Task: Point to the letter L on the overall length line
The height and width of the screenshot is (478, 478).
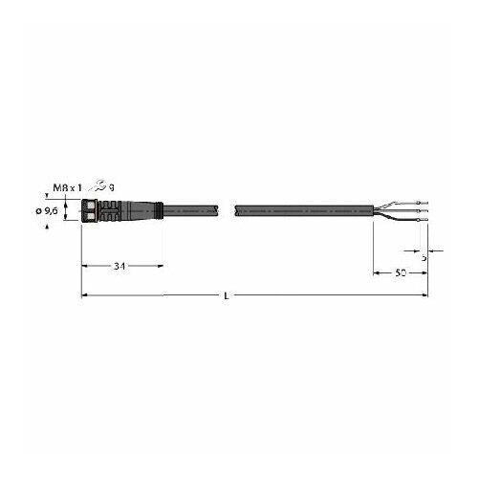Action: click(x=226, y=296)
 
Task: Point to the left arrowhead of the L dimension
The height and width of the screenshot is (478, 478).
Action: click(x=83, y=296)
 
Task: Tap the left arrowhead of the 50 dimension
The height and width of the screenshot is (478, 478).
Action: click(x=374, y=273)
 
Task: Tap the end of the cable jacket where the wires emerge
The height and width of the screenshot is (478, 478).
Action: click(x=373, y=210)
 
